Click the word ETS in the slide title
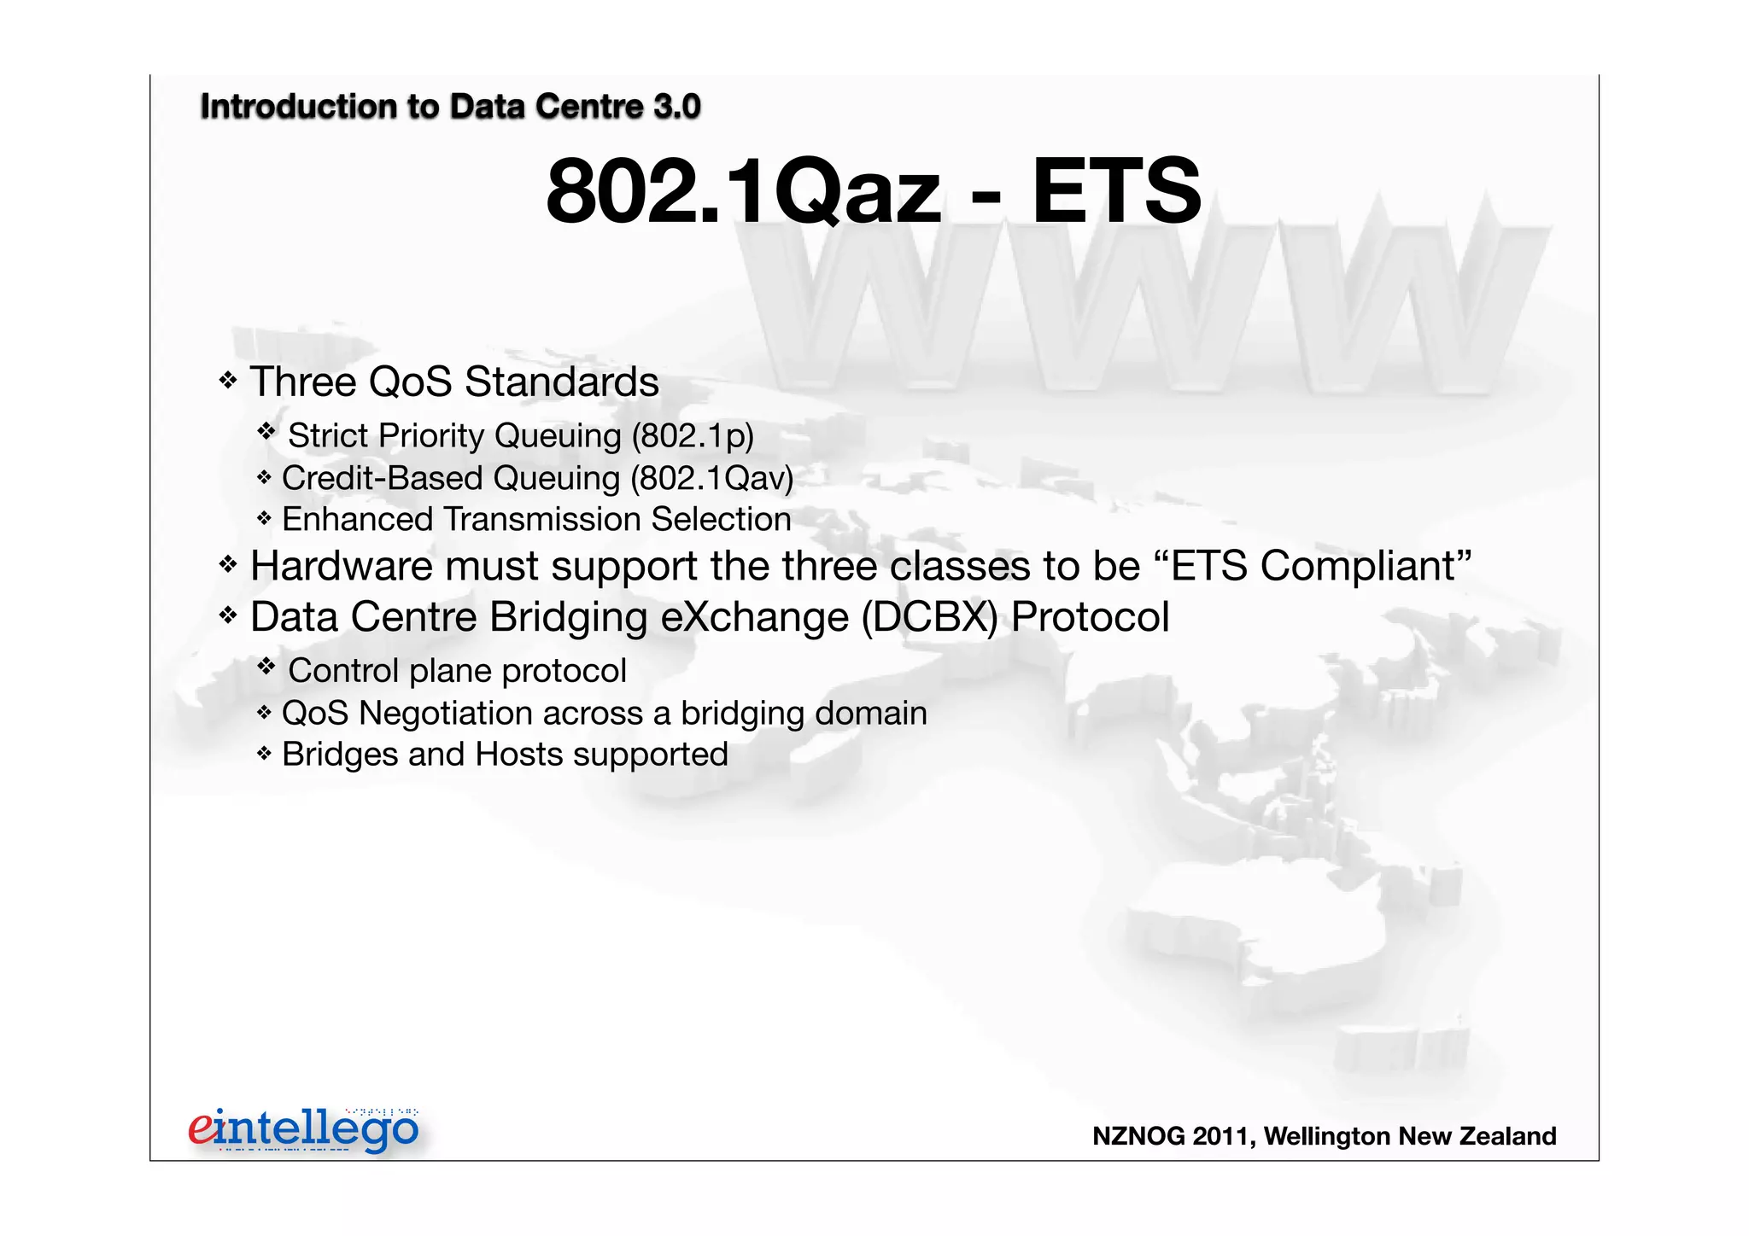point(1116,191)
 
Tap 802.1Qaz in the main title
point(743,191)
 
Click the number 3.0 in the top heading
point(676,107)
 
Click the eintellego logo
point(304,1129)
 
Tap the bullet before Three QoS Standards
point(227,380)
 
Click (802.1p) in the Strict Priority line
point(693,435)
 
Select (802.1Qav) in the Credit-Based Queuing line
point(711,478)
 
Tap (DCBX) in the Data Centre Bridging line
point(929,616)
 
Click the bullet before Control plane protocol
point(266,666)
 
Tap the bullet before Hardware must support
point(227,564)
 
